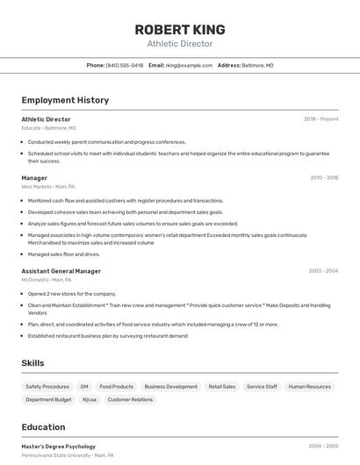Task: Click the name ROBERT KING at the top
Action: click(179, 29)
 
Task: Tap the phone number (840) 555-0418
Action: click(124, 65)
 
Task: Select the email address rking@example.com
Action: click(189, 65)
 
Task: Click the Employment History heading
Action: click(65, 100)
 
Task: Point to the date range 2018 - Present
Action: click(320, 119)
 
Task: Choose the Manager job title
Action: click(34, 178)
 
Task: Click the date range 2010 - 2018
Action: click(323, 178)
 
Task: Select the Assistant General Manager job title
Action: click(61, 271)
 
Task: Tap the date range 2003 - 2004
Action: click(323, 271)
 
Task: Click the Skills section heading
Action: click(33, 363)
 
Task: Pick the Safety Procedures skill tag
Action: click(47, 386)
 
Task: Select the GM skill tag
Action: click(84, 386)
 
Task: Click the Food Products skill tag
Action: click(117, 386)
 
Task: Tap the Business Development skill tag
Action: click(170, 386)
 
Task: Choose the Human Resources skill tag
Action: click(309, 386)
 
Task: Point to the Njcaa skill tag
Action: click(90, 399)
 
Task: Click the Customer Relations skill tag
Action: click(130, 399)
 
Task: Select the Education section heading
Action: click(43, 427)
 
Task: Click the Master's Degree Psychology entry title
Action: click(58, 447)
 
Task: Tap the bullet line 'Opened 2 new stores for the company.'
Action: click(71, 294)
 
